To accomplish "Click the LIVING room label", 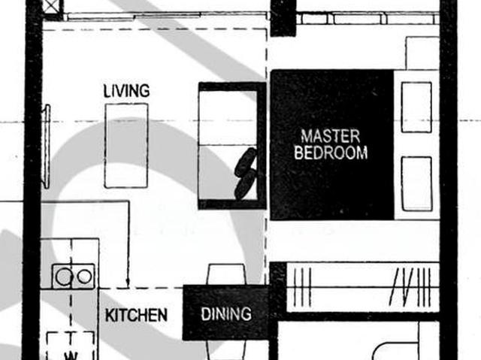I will [x=126, y=91].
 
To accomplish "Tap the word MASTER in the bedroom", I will [x=331, y=137].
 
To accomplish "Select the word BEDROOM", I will [x=331, y=153].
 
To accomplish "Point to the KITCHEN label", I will [x=136, y=315].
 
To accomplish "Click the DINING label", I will [x=225, y=314].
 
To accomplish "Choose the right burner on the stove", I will [x=84, y=277].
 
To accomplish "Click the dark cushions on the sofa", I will [x=246, y=174].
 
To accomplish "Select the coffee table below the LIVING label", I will [x=126, y=145].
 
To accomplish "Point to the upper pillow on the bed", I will [x=416, y=107].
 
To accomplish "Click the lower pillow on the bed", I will [x=416, y=183].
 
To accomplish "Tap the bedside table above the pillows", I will [x=422, y=53].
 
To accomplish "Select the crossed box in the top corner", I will [x=51, y=7].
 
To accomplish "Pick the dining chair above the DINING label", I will [x=226, y=274].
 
